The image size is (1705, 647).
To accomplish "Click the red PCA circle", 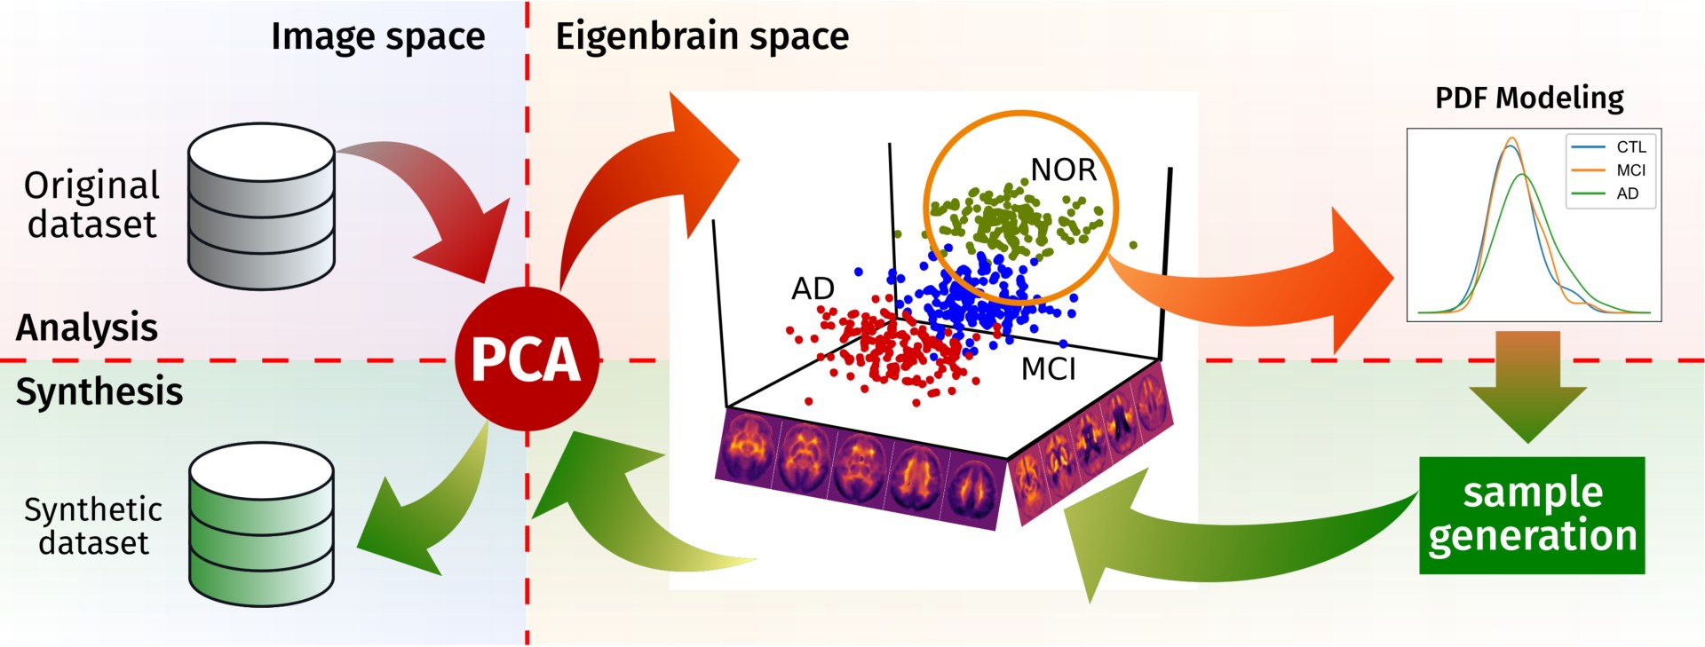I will pos(527,359).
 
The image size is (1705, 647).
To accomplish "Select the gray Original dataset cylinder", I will pos(261,207).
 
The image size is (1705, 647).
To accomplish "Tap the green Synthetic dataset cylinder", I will pos(261,525).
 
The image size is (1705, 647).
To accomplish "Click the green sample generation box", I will pos(1532,515).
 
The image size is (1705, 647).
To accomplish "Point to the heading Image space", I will pos(377,37).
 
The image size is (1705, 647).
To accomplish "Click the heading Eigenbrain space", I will pos(702,37).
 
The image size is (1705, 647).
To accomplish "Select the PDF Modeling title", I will pos(1529,98).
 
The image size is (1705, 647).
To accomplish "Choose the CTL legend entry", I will pos(1630,147).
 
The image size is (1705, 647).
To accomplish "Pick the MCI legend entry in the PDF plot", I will pos(1630,170).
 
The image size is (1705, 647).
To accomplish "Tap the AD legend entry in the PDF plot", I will pos(1627,193).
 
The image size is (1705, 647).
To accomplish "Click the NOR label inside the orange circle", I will pos(1063,170).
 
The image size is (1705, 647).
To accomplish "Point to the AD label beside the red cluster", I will pos(813,288).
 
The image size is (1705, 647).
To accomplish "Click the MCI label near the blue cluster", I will pos(1048,368).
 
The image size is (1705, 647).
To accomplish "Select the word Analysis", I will pos(87,327).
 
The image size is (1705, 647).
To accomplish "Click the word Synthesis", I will pos(99,391).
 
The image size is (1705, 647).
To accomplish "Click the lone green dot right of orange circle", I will pos(1133,245).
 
